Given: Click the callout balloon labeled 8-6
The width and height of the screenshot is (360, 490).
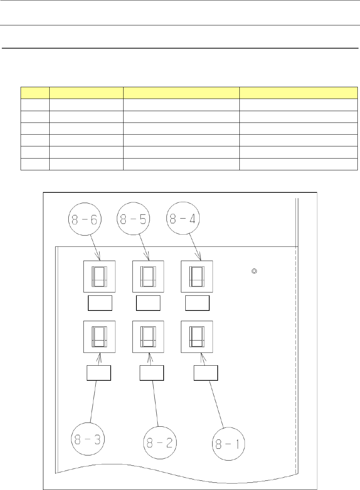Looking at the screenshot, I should pyautogui.click(x=85, y=219).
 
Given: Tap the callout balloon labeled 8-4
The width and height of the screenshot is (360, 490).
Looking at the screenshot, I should pyautogui.click(x=183, y=219).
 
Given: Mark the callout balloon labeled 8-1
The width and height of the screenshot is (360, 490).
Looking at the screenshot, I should pyautogui.click(x=228, y=444).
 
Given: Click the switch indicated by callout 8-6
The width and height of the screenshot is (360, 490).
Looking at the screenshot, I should pyautogui.click(x=99, y=277).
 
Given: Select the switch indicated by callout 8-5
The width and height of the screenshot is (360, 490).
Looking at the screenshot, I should pyautogui.click(x=148, y=277).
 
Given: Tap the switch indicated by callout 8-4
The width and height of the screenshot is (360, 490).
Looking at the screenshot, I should pyautogui.click(x=197, y=277).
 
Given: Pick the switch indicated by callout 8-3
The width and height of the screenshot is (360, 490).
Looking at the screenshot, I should pyautogui.click(x=99, y=337).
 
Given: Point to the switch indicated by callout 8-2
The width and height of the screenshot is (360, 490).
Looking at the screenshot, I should pyautogui.click(x=148, y=337).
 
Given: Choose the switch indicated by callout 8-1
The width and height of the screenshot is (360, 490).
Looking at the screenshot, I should pyautogui.click(x=197, y=337).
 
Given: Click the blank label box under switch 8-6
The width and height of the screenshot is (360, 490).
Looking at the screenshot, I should pyautogui.click(x=100, y=303).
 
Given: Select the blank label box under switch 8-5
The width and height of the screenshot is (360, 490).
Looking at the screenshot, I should pyautogui.click(x=148, y=303).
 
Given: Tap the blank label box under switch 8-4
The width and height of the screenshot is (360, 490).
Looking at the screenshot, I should pyautogui.click(x=197, y=303).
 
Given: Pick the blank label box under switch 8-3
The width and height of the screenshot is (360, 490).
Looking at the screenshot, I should pyautogui.click(x=99, y=373).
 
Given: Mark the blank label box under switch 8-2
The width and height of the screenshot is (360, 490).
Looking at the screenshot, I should pyautogui.click(x=152, y=373).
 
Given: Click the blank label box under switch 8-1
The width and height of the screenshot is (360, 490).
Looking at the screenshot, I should pyautogui.click(x=206, y=373).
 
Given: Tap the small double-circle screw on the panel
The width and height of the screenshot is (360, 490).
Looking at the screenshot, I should pyautogui.click(x=254, y=271).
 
